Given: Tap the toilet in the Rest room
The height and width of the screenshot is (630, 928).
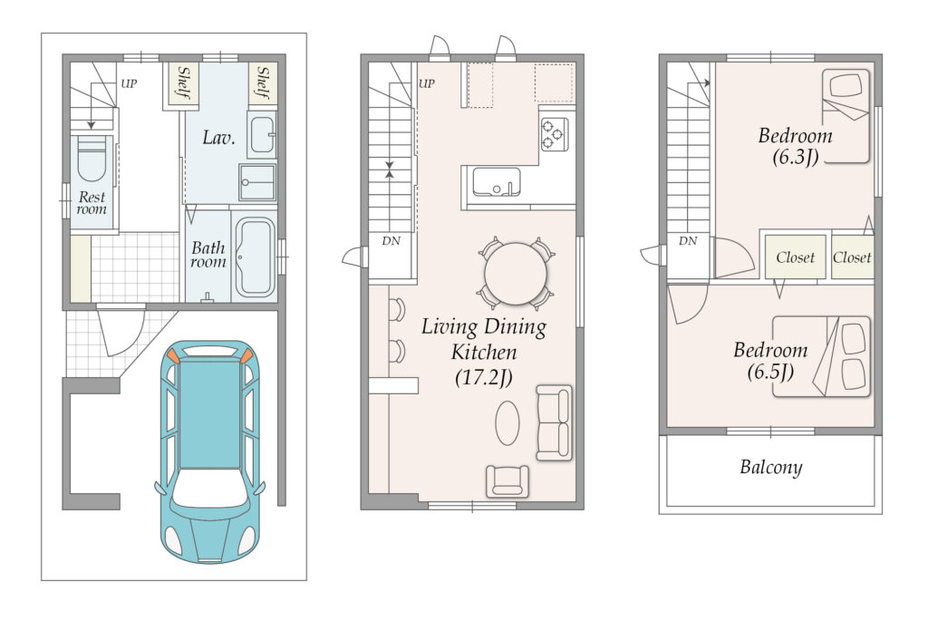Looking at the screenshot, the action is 92,160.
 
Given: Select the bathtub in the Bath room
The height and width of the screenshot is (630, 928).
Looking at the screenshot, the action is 255,257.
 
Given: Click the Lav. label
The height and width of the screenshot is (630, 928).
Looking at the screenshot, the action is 218,138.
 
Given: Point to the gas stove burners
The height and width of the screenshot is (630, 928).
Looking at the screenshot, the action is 555,134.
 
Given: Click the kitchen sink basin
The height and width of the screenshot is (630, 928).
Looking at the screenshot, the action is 497,182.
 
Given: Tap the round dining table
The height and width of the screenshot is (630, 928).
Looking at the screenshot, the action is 516,274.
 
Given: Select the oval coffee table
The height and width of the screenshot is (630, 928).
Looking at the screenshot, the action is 507,422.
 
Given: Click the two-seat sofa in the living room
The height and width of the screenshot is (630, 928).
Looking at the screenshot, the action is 554,422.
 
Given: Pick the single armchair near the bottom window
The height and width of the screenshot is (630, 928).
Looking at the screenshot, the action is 507,480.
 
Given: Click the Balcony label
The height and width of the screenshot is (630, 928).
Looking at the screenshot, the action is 770,468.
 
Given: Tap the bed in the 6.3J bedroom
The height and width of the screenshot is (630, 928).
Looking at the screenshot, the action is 846,116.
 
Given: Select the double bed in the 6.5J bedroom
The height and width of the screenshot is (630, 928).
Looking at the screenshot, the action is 821,356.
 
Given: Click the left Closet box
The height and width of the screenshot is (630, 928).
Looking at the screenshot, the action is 795,257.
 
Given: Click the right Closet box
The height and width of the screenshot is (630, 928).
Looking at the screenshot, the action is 852,257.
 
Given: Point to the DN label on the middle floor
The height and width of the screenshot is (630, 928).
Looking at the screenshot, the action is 391,241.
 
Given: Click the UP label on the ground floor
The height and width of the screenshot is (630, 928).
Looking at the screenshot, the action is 129,83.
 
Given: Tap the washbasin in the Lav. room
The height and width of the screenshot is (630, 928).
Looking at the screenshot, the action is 261,135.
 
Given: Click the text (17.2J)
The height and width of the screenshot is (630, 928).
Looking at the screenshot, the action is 484,377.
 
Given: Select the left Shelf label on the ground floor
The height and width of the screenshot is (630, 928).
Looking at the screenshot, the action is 184,82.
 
